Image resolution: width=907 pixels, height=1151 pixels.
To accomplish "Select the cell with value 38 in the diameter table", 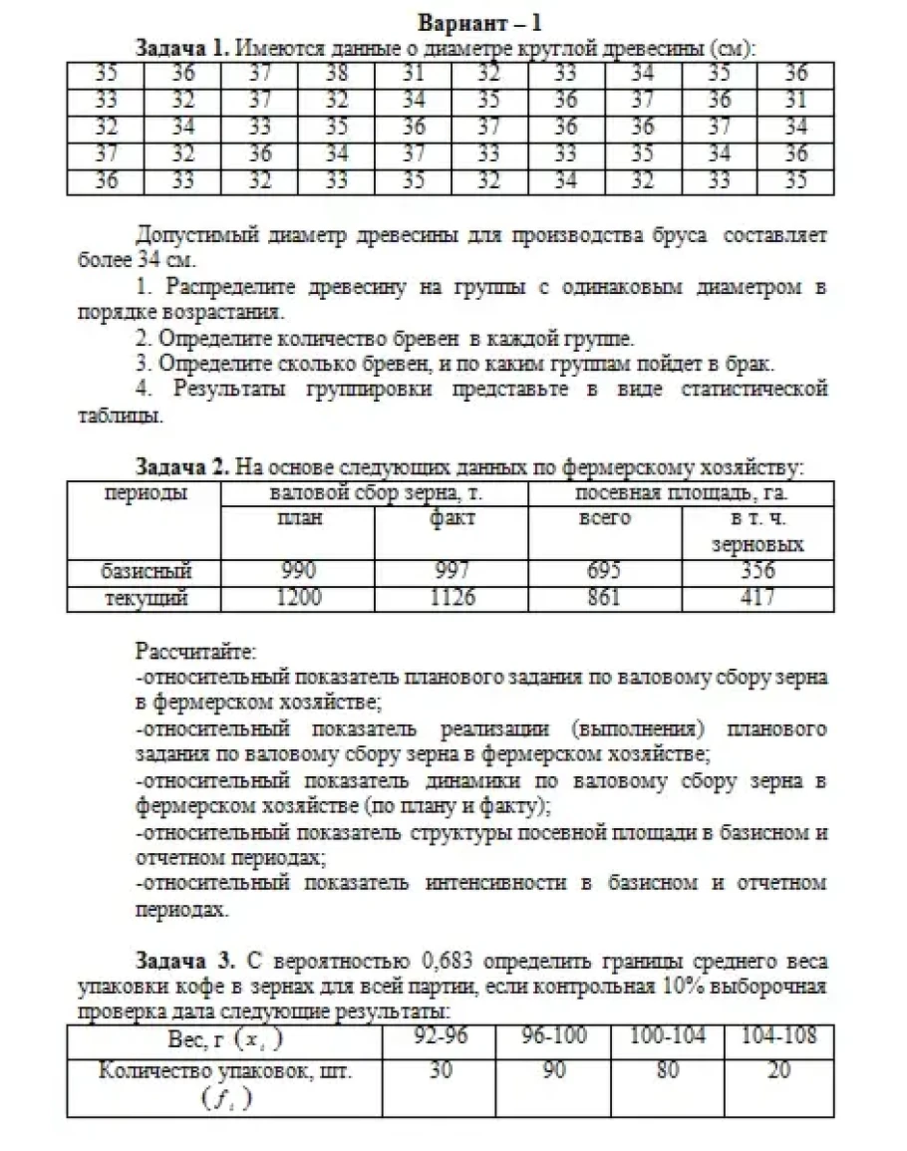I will click(336, 73).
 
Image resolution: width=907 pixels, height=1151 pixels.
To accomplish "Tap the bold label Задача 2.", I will click(179, 466).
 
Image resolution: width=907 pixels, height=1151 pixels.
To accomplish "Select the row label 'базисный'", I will click(146, 572).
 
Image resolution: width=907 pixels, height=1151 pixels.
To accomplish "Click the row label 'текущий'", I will click(146, 598).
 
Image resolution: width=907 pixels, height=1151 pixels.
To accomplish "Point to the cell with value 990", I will click(297, 572).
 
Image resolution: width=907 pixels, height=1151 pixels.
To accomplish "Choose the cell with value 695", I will click(604, 572).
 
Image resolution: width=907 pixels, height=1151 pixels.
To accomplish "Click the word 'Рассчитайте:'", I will click(195, 654).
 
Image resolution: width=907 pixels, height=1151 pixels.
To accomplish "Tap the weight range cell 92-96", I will click(440, 1037).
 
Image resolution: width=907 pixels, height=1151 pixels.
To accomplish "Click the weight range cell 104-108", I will click(779, 1037).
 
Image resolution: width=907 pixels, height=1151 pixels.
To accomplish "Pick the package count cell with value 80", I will click(668, 1071).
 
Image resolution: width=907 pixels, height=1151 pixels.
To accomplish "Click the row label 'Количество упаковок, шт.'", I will click(225, 1071).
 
